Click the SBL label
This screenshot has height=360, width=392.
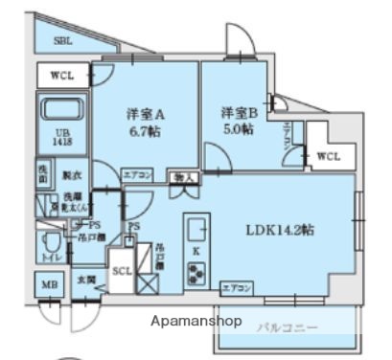click(63, 41)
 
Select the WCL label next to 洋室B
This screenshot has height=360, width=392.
click(327, 156)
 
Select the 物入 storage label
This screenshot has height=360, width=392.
click(181, 178)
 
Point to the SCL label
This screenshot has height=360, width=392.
click(123, 271)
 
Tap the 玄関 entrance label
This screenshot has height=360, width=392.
click(84, 280)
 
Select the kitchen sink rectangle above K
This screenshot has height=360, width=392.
click(196, 230)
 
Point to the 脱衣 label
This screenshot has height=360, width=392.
click(71, 176)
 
